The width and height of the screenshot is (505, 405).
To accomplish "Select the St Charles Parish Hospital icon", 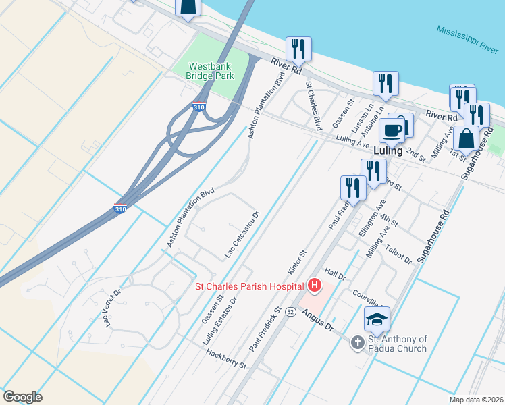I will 314,286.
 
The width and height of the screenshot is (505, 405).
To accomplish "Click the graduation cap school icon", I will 377,319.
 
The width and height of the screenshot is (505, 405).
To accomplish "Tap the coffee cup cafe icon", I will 392,130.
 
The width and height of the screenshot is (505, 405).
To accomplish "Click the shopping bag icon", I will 466,138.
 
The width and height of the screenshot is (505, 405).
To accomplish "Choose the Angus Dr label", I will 318,319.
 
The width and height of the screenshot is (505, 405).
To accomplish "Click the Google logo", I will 22,397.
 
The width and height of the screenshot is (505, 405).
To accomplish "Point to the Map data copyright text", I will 477,400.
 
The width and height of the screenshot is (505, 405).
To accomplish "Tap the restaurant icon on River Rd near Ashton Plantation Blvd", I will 296,49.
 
